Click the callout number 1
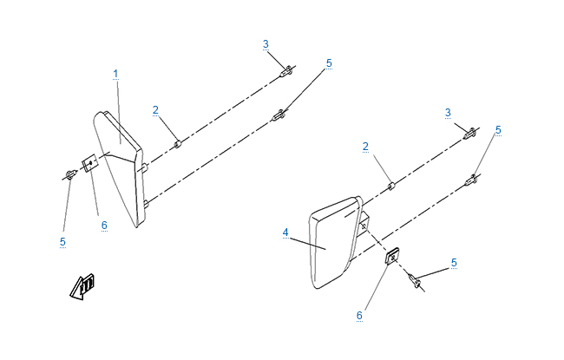[x=115, y=74]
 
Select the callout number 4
[x=285, y=232]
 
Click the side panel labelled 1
[x=119, y=168]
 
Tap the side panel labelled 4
[x=335, y=242]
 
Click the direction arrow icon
[x=82, y=286]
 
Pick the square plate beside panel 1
[x=89, y=163]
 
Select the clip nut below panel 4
[x=392, y=256]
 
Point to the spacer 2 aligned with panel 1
[x=178, y=144]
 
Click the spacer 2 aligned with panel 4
[x=391, y=187]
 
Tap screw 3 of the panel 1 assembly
[x=287, y=72]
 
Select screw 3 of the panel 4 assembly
[x=470, y=134]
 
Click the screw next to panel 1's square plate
[x=69, y=174]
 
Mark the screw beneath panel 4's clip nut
[x=415, y=280]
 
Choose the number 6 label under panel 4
[x=359, y=316]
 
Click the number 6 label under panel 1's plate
[x=104, y=226]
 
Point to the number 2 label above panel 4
[x=365, y=147]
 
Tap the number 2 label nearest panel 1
[x=155, y=110]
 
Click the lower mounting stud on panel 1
[x=146, y=204]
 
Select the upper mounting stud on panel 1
[x=145, y=167]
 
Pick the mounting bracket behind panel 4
[x=364, y=224]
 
